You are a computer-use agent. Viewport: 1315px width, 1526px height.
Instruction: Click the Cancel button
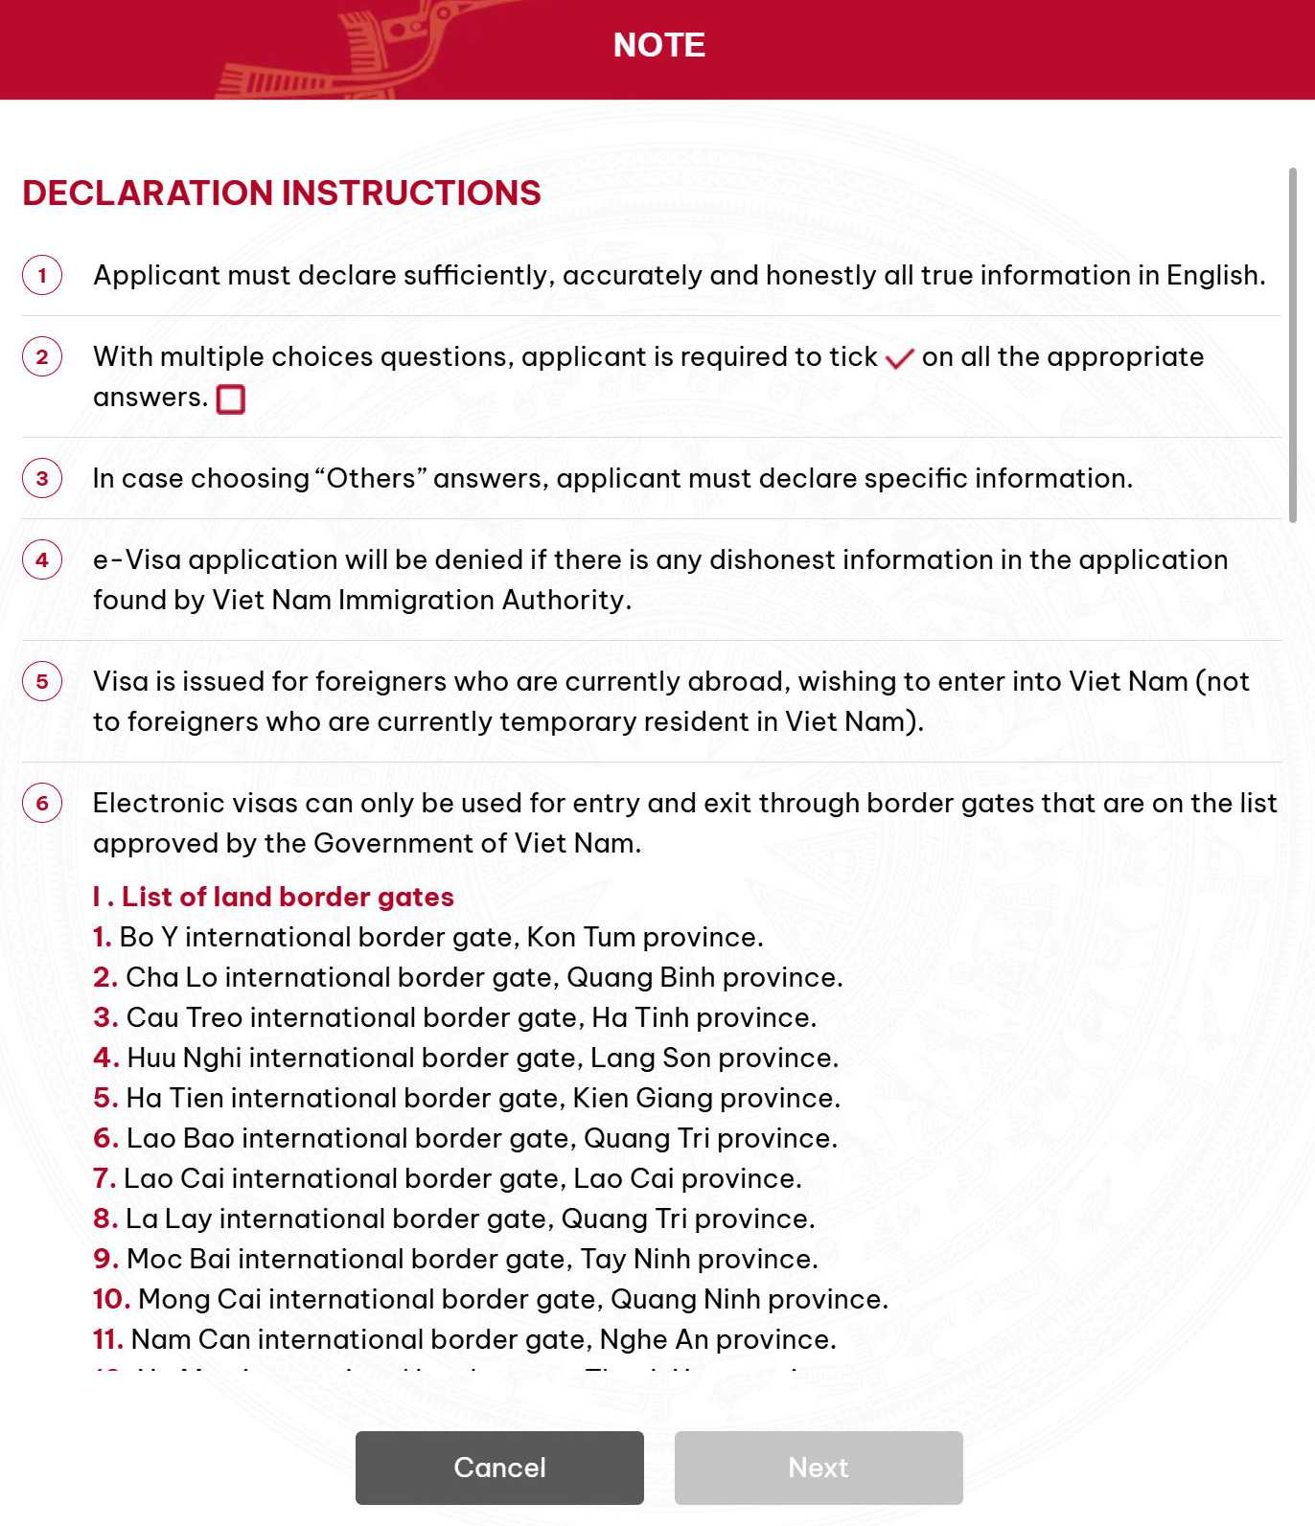coord(499,1467)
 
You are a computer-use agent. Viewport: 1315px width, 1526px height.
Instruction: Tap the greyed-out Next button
coord(819,1467)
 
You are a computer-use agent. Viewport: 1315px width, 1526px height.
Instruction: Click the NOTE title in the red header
coord(659,45)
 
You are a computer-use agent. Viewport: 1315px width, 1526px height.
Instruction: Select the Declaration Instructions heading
coord(282,193)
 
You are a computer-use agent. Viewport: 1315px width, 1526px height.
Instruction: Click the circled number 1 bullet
coord(42,276)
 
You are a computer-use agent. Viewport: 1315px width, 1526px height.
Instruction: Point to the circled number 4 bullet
coord(42,560)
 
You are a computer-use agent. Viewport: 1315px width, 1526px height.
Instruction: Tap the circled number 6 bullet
coord(42,804)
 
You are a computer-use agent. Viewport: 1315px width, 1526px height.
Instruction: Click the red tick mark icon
coord(899,359)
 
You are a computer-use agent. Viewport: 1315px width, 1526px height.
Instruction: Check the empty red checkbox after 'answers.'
coord(231,399)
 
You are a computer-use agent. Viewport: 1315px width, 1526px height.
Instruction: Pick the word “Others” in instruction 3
coord(371,478)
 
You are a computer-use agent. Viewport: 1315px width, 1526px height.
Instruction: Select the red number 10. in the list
coord(111,1299)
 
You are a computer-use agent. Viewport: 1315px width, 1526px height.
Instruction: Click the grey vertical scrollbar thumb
coord(1292,345)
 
